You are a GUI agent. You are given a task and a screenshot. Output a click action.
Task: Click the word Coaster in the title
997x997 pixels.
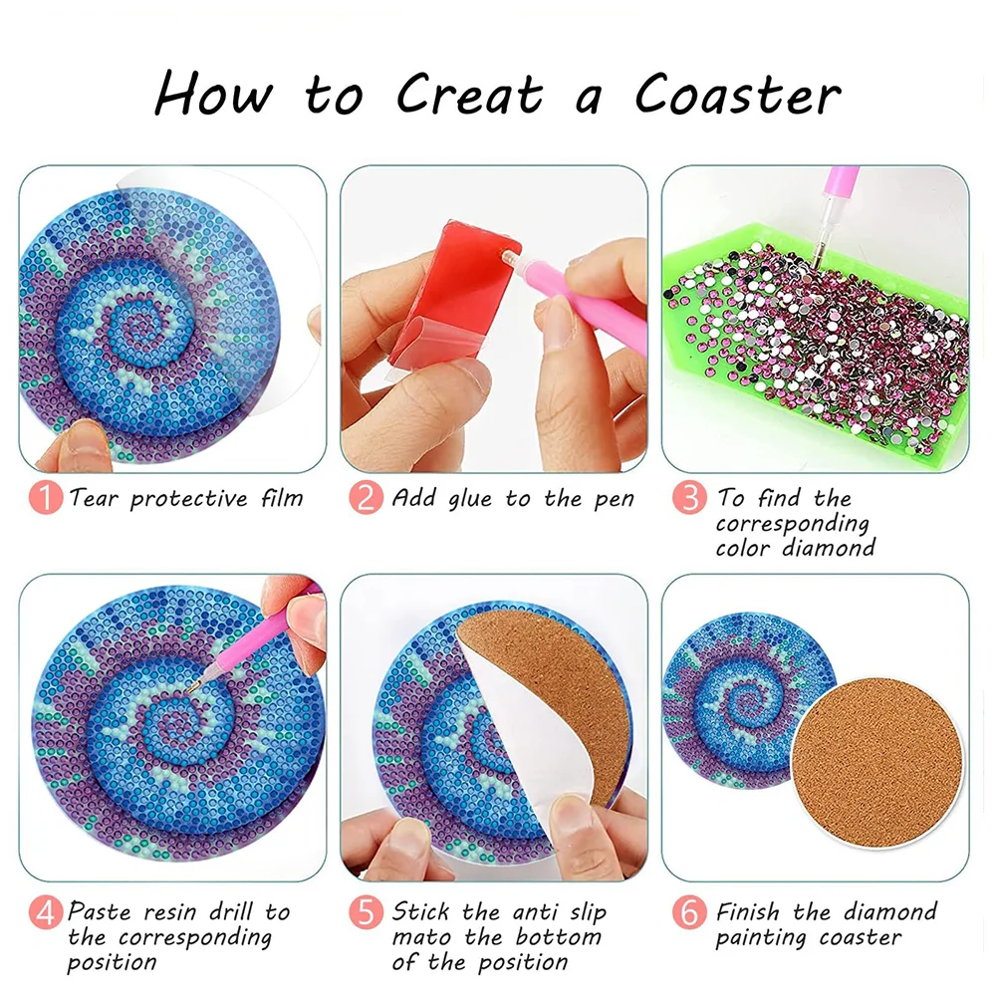pyautogui.click(x=737, y=96)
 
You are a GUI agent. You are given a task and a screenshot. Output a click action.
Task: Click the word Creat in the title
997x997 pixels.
pyautogui.click(x=469, y=96)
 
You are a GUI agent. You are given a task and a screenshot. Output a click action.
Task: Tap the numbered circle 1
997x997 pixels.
pyautogui.click(x=45, y=498)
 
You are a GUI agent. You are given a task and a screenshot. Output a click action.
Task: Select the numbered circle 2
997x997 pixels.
pyautogui.click(x=367, y=498)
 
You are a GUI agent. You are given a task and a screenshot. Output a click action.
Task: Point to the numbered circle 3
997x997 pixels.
pyautogui.click(x=689, y=498)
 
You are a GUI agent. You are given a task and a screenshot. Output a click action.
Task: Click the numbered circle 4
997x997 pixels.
pyautogui.click(x=45, y=912)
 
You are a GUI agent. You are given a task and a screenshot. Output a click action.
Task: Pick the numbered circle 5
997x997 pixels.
pyautogui.click(x=367, y=912)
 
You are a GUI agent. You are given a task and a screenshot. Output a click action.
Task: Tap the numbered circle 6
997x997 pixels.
pyautogui.click(x=689, y=912)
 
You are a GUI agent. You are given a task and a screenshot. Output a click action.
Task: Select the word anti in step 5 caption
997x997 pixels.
pyautogui.click(x=539, y=912)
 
